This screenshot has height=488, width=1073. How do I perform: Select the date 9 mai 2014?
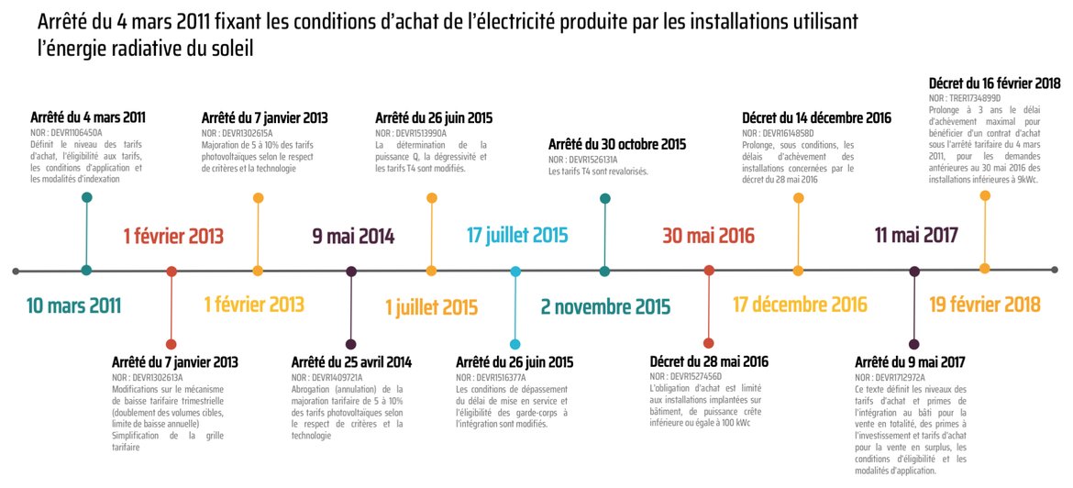[353, 237]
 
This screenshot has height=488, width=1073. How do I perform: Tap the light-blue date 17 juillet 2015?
[517, 235]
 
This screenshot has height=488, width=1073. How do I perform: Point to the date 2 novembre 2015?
[605, 305]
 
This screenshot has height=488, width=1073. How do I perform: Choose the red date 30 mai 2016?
[709, 236]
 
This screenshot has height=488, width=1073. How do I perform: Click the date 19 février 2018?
[985, 305]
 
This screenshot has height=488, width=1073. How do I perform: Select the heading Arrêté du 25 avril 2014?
[351, 362]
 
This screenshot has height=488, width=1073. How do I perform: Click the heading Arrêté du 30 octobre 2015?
[617, 145]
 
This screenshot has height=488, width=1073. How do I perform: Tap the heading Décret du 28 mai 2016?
[709, 361]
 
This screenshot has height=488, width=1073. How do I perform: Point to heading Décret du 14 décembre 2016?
[816, 117]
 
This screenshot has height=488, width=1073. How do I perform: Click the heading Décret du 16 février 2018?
[995, 83]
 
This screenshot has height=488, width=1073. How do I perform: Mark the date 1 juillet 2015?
[432, 305]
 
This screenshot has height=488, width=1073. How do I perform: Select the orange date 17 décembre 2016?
[800, 305]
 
